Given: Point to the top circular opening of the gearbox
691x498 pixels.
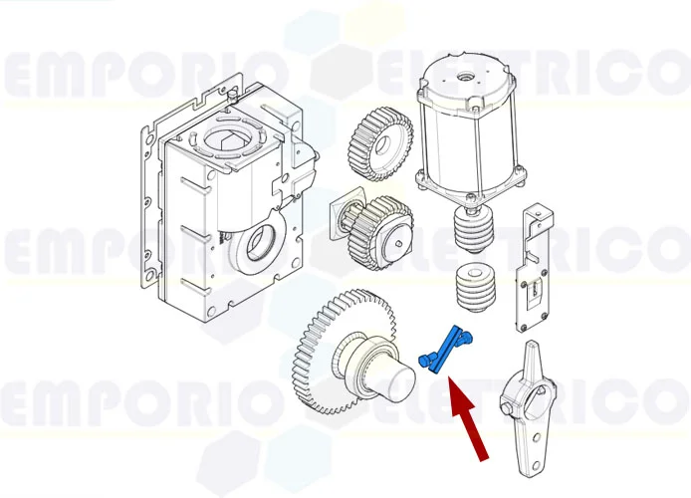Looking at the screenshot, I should (224, 138).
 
